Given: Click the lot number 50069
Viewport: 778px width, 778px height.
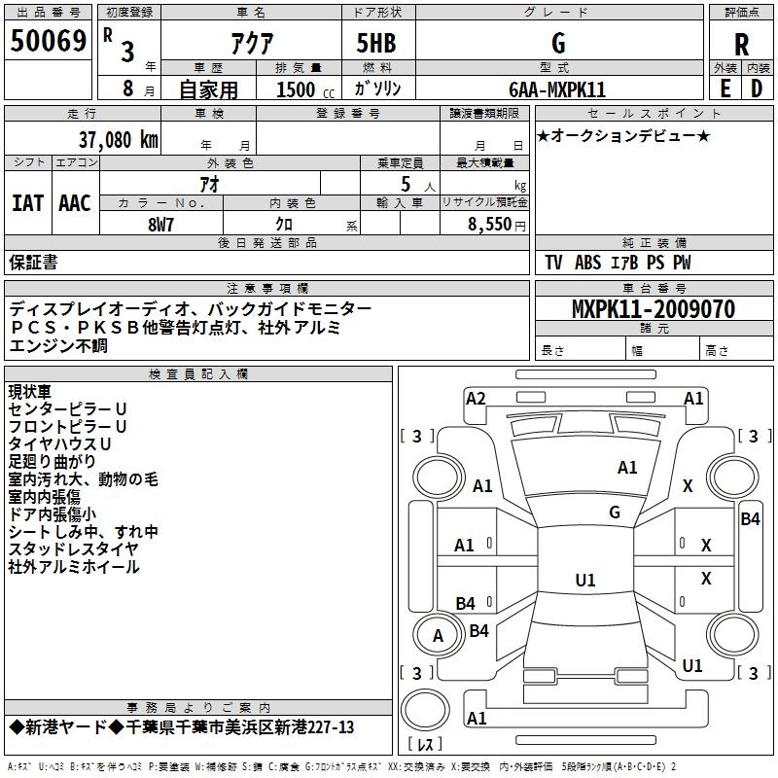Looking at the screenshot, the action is (x=48, y=41).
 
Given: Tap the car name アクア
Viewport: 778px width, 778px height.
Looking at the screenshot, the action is (x=252, y=43).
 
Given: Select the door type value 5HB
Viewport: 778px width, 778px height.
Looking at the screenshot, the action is (x=376, y=43).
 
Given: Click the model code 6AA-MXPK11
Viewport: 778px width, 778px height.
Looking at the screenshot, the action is (x=557, y=89).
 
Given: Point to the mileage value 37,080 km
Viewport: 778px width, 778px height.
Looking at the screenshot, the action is (x=118, y=140).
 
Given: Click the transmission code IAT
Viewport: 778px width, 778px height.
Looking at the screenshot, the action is (x=28, y=203).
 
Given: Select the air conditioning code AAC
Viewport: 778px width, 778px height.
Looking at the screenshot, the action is (x=75, y=203).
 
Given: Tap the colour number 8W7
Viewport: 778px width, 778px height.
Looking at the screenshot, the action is (x=160, y=225).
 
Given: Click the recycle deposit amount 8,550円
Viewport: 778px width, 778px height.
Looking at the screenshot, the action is (x=497, y=225).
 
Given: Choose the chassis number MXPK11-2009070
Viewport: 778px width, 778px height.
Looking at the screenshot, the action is (x=654, y=308).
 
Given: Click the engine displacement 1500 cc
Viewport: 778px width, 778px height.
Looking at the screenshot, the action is (x=305, y=89).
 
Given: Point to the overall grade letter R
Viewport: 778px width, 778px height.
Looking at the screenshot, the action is (x=741, y=45).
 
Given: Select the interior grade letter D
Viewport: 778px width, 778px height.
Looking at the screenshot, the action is (x=757, y=88).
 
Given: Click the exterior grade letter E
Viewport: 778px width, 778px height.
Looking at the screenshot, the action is (x=725, y=88).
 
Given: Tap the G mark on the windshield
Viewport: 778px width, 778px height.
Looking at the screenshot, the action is (x=615, y=513).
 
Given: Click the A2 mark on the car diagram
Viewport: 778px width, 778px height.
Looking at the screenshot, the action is (x=476, y=399).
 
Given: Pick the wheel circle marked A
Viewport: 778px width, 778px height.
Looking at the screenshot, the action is (x=437, y=635).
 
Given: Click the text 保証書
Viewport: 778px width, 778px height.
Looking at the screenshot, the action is (x=33, y=263).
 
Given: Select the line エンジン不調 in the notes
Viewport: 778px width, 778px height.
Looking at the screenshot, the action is (x=58, y=345).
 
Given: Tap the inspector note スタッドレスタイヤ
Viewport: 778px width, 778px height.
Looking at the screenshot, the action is (x=74, y=548).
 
